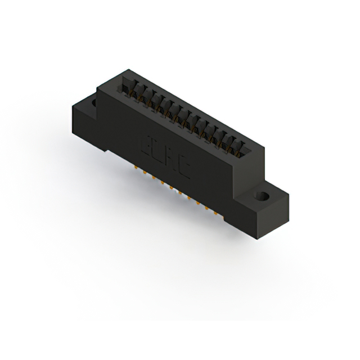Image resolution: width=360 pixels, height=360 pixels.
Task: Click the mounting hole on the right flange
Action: point(262,197)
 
